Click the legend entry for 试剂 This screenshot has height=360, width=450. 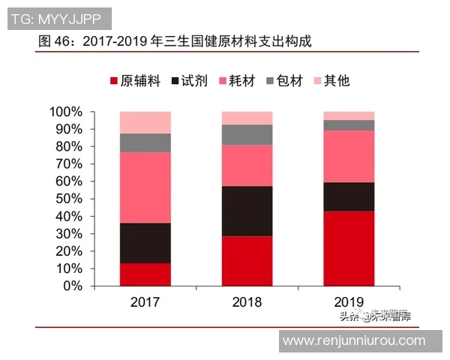[x=190, y=80]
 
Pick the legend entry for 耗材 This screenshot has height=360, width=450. [x=238, y=80]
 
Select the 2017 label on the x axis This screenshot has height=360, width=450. [x=145, y=302]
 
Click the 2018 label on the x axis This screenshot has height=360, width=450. [x=247, y=302]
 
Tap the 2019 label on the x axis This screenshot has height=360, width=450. [x=349, y=302]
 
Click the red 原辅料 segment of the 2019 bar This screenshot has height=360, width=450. [x=349, y=248]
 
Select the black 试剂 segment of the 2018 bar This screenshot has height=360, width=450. [x=247, y=211]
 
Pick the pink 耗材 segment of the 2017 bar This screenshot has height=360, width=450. [x=145, y=187]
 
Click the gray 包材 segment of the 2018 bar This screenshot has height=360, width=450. [x=247, y=134]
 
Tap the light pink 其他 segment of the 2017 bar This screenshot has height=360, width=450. [x=145, y=122]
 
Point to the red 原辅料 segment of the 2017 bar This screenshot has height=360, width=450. [x=145, y=274]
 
